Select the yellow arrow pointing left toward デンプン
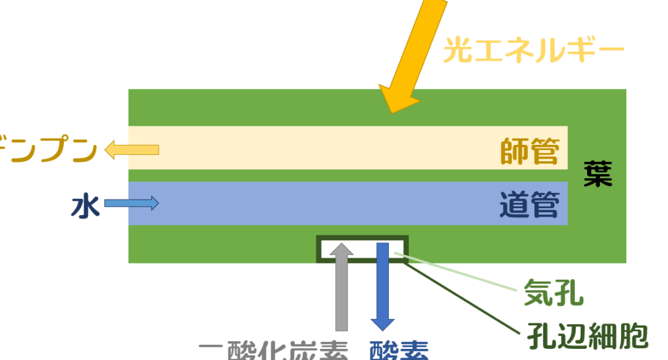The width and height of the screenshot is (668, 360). tap(132, 150)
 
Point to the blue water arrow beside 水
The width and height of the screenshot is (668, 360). tap(132, 203)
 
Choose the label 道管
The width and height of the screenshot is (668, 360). tap(530, 205)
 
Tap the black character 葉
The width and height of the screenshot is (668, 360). tap(598, 174)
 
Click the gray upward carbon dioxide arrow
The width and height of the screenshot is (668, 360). tap(341, 287)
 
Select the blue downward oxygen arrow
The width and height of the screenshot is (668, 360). tap(382, 287)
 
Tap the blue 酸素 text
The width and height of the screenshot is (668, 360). tap(399, 352)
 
